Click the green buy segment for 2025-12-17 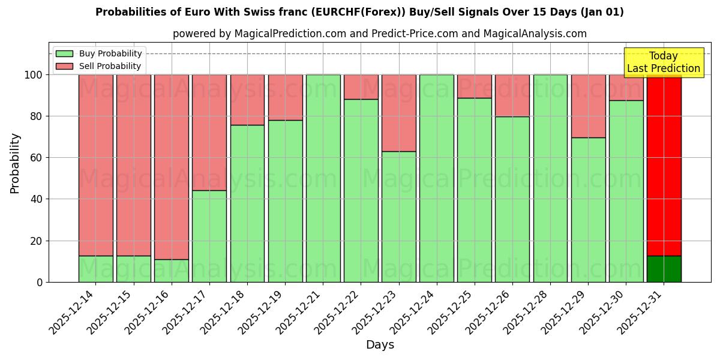click(209, 236)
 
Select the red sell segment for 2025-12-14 click(96, 165)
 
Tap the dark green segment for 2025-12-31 click(664, 269)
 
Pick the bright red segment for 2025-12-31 click(664, 165)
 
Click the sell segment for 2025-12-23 click(399, 113)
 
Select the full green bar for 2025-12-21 click(323, 178)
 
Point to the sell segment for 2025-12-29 click(588, 106)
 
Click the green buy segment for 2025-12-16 click(172, 271)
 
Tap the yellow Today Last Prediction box click(663, 62)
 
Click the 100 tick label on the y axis click(33, 75)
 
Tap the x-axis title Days click(380, 345)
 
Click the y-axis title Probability click(15, 163)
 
